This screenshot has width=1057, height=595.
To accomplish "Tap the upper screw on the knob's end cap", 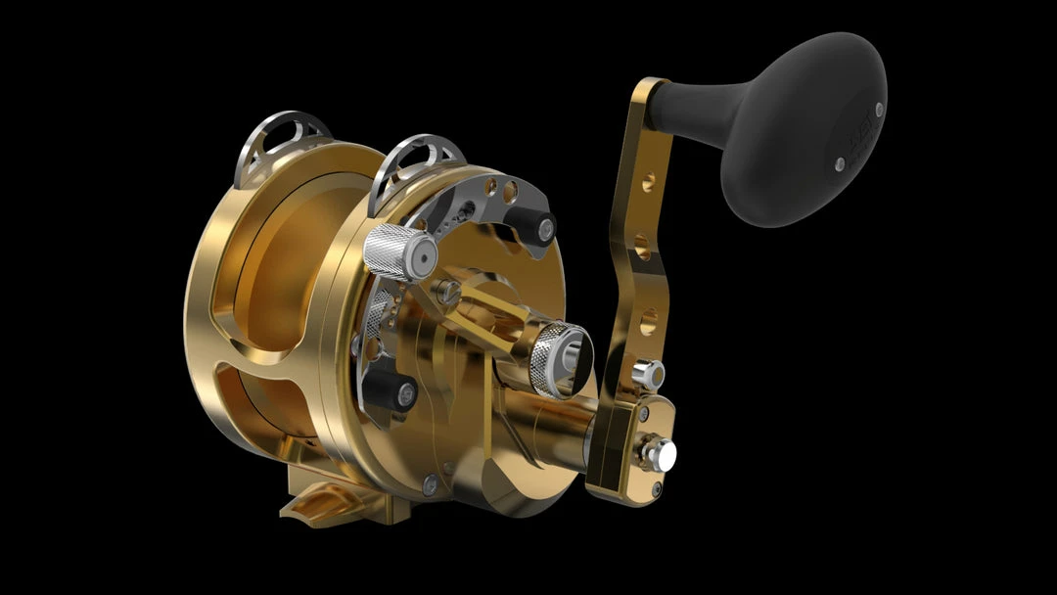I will click(x=879, y=109).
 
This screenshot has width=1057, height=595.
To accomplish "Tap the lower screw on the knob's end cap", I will click(x=840, y=164).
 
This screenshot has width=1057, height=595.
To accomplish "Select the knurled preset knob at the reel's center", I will click(x=559, y=358).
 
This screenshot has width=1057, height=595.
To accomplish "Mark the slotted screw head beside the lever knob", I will click(x=449, y=289).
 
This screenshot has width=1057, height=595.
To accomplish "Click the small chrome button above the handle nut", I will click(x=647, y=373).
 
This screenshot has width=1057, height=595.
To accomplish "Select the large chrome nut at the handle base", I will click(x=659, y=452).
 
